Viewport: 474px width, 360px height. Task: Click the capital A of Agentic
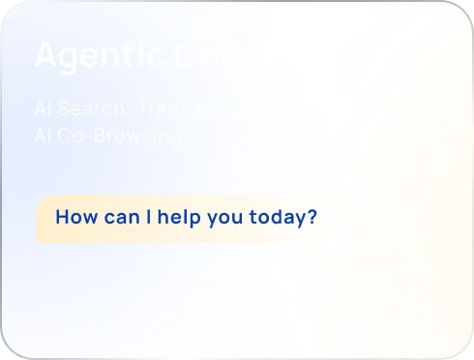[x=45, y=55]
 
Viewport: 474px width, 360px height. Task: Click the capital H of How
[x=62, y=216]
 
